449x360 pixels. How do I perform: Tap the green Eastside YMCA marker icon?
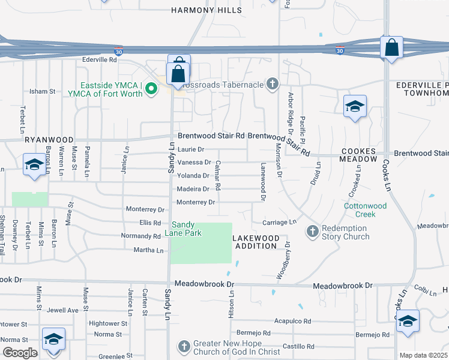click(151, 89)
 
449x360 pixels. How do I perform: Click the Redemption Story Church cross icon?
click(313, 231)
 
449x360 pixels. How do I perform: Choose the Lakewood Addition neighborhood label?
click(256, 242)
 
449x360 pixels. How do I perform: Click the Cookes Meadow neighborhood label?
click(358, 155)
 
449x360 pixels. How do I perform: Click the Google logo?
click(20, 352)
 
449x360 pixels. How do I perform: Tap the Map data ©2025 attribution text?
click(423, 355)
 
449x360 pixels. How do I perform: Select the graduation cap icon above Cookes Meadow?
click(355, 107)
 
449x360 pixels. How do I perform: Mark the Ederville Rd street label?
click(100, 60)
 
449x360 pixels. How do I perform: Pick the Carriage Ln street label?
click(279, 222)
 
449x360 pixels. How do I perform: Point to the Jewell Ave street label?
click(63, 310)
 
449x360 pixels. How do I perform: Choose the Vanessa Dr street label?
click(194, 162)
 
